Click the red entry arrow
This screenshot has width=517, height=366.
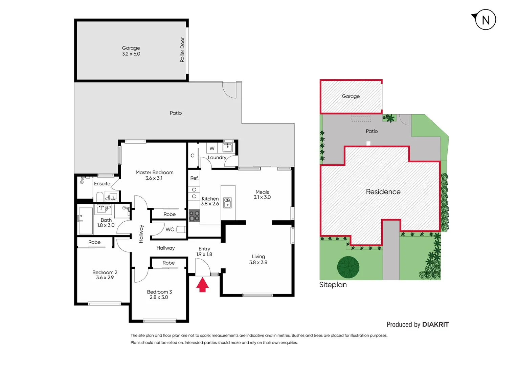click(202, 285)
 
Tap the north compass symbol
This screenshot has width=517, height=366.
click(485, 20)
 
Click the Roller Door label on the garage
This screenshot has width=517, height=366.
click(182, 50)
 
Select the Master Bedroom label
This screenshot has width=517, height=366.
click(154, 172)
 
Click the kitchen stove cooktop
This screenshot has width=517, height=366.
click(194, 216)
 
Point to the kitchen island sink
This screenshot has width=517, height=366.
click(228, 203)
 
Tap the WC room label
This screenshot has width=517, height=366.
click(170, 229)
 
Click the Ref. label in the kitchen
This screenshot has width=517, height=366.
click(194, 178)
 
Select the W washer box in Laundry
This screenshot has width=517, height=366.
click(212, 148)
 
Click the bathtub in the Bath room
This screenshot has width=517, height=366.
click(86, 221)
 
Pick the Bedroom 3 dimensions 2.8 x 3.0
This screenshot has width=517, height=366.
click(159, 297)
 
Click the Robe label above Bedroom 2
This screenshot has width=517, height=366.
click(94, 242)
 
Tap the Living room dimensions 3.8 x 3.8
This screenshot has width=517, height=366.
click(258, 262)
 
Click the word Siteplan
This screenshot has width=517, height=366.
click(333, 285)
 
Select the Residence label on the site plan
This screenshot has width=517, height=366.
click(383, 192)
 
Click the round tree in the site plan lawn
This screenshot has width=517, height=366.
click(348, 267)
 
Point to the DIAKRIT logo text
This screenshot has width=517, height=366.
click(435, 324)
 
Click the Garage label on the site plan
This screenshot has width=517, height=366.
click(351, 96)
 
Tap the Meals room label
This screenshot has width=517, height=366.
click(262, 192)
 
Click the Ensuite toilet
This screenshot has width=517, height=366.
click(100, 197)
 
